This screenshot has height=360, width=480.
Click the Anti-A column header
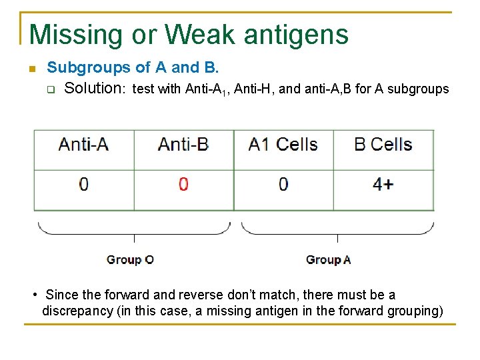click(x=83, y=145)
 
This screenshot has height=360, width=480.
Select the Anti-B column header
click(x=183, y=145)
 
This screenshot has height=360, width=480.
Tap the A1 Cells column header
click(x=283, y=145)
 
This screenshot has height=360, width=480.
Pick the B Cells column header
click(x=383, y=145)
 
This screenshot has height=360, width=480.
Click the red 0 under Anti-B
click(x=183, y=184)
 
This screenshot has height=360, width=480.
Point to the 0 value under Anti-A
click(x=83, y=184)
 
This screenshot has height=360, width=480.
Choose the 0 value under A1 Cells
click(x=283, y=184)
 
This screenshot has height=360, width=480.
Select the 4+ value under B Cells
click(x=383, y=184)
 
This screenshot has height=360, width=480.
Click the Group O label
click(x=130, y=260)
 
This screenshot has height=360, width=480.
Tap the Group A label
click(x=328, y=260)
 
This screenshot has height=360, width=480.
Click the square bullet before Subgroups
click(x=31, y=69)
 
